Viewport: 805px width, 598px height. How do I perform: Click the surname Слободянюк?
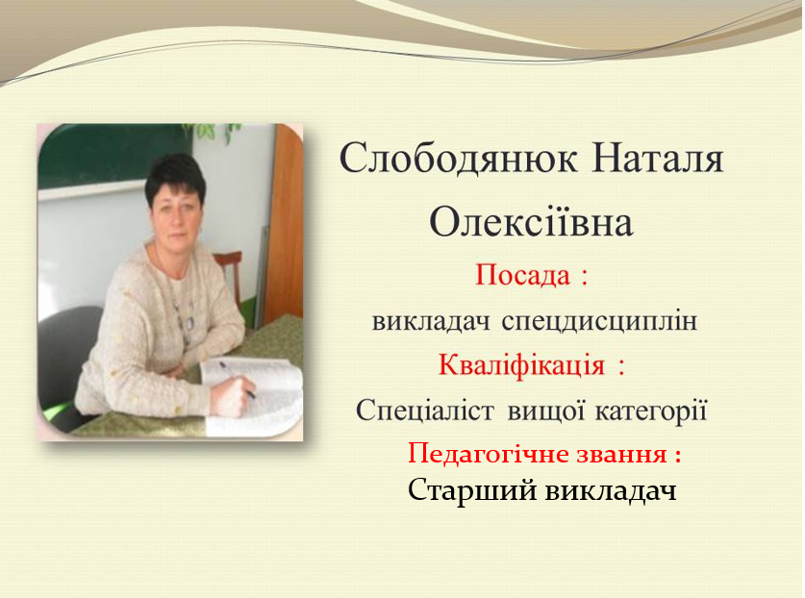(458, 158)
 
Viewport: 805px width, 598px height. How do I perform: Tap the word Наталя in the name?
(658, 158)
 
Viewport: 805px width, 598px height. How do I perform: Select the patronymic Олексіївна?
(531, 223)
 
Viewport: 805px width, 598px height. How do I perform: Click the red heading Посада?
(522, 275)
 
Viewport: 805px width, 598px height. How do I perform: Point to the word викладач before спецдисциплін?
(431, 321)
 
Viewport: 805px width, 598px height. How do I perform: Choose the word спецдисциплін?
(599, 322)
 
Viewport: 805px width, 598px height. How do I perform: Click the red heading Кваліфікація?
(521, 365)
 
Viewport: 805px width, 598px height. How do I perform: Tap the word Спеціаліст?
(424, 411)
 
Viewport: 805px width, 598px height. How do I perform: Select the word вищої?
(546, 412)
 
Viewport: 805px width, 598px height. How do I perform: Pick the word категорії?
(651, 412)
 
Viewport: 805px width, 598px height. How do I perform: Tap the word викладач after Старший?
(611, 491)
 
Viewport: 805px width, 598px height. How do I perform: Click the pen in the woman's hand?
(238, 380)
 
